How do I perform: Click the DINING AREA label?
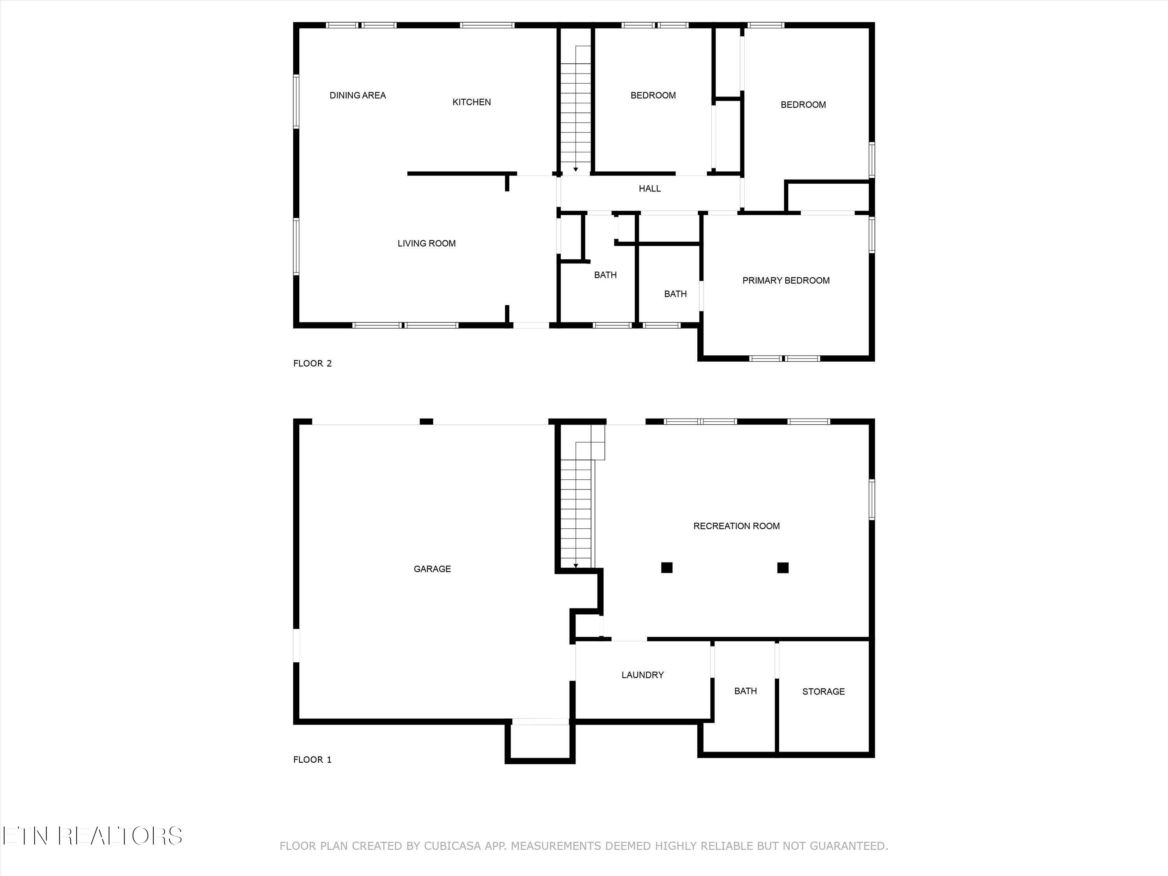[357, 95]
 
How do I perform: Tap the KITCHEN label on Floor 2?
[471, 102]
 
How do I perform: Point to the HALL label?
[649, 188]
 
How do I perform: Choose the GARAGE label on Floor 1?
[432, 569]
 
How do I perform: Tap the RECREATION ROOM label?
[736, 526]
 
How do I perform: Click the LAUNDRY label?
[642, 675]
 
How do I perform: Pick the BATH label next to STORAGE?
[745, 691]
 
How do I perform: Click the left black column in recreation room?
[667, 568]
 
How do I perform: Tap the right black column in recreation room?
[783, 568]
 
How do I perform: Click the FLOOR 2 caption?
[312, 363]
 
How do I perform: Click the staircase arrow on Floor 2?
[575, 169]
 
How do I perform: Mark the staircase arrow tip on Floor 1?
[575, 566]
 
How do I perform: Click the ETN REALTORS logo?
[92, 836]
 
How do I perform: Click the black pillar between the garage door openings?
[426, 421]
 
